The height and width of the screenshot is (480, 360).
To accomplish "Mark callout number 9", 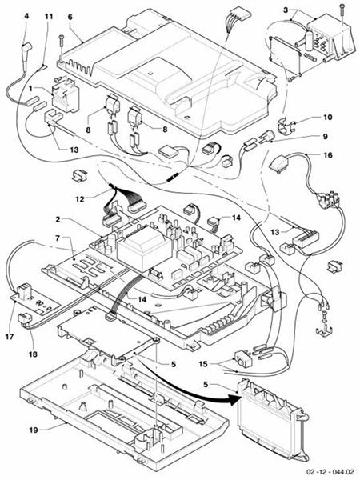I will click(303, 136).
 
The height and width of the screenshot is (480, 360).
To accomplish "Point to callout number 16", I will click(306, 158).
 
